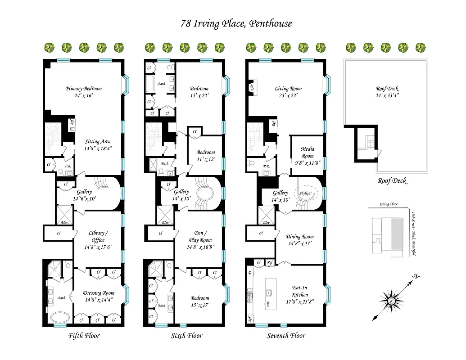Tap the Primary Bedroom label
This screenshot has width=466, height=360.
click(83, 92)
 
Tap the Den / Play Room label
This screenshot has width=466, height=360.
click(199, 237)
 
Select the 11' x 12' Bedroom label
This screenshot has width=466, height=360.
click(205, 155)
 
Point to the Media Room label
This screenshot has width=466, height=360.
click(308, 155)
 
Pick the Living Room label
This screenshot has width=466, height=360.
click(288, 92)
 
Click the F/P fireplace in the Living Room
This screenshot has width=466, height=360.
click(252, 88)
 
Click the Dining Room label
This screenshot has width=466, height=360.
click(299, 239)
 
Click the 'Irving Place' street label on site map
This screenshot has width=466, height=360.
click(389, 204)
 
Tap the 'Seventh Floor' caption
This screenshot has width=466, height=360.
click(285, 336)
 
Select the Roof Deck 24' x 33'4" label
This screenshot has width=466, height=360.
click(387, 92)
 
